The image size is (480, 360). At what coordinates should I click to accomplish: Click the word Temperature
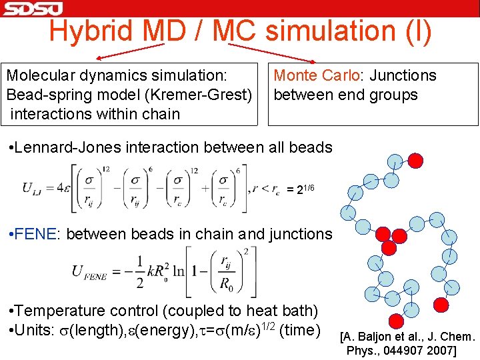tap(59, 311)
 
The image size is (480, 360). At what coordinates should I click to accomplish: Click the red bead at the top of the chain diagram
tap(415, 160)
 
